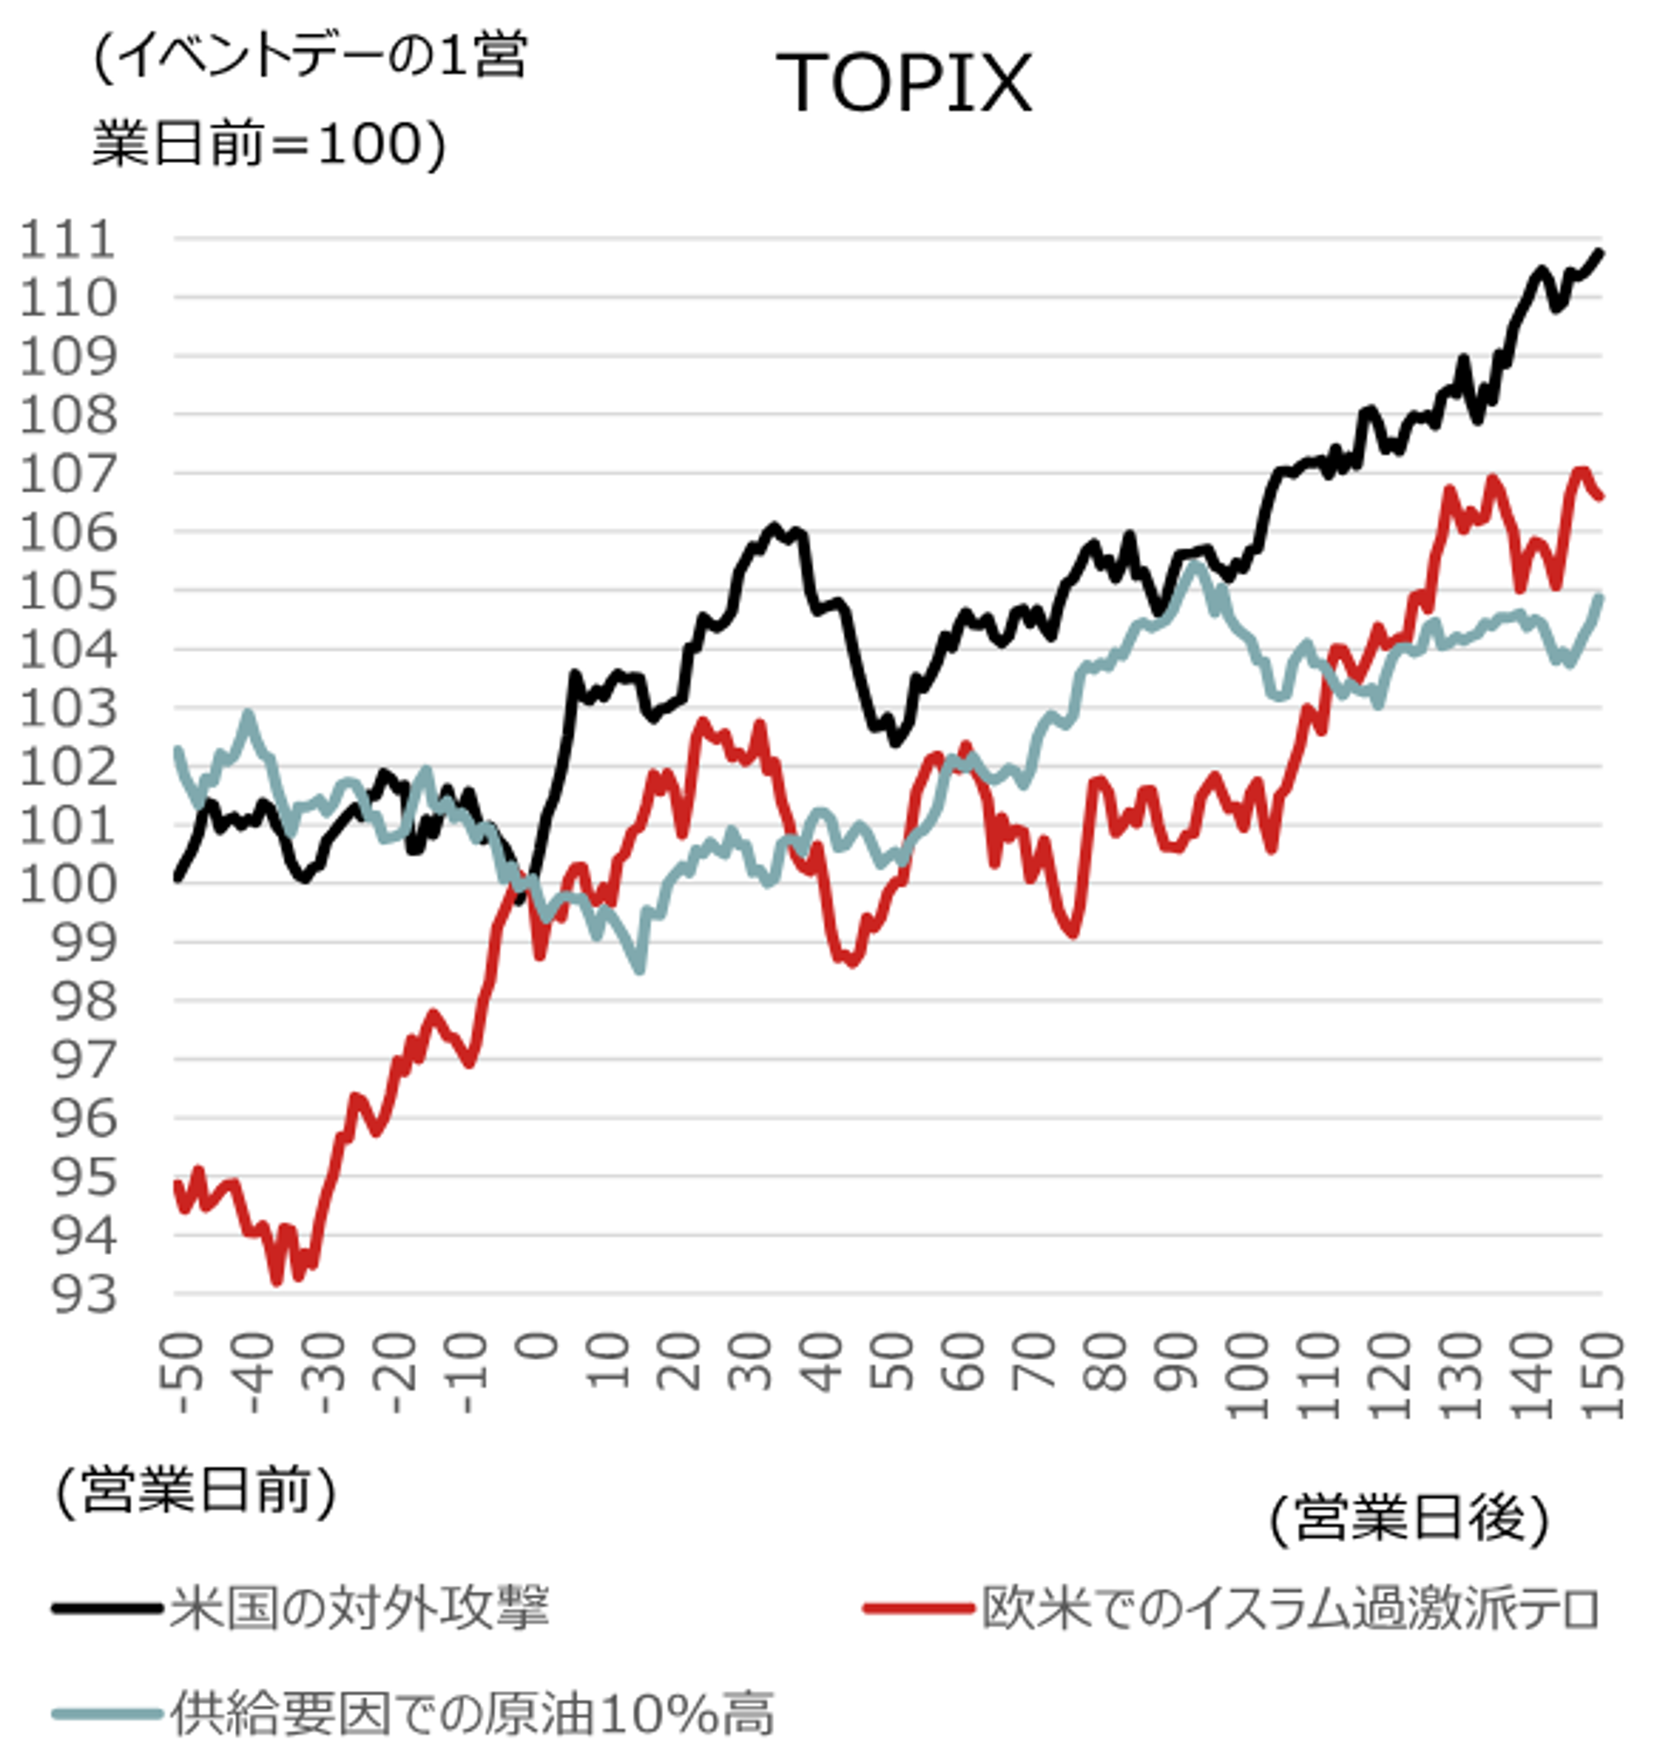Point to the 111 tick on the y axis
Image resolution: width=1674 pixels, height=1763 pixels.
68,241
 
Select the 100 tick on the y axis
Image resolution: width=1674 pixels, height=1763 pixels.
68,885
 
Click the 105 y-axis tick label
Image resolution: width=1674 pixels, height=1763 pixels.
68,592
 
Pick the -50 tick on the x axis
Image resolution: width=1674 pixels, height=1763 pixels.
180,1375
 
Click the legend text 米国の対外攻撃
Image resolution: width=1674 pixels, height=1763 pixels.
360,1608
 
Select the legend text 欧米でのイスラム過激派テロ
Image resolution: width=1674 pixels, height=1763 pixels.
1290,1608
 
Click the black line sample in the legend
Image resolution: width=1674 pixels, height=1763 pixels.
107,1608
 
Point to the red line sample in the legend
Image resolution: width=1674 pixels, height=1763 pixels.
918,1608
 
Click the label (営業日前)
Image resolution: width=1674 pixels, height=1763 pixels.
195,1491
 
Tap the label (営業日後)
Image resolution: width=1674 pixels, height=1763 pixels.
1409,1518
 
